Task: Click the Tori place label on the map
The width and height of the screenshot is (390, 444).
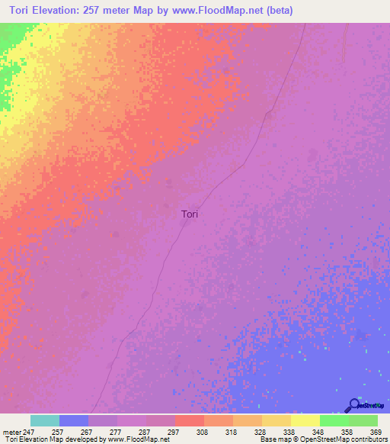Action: tap(190, 214)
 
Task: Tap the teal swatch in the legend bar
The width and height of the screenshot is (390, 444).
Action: tap(45, 420)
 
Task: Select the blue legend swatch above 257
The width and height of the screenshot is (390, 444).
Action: tap(74, 420)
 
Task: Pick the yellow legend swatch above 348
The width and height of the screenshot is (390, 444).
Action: tap(305, 420)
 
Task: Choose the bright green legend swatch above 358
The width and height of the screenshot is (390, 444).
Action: tap(334, 420)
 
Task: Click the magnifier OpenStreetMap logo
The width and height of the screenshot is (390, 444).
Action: tap(354, 404)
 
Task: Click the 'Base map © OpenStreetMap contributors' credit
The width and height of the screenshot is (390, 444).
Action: tap(323, 439)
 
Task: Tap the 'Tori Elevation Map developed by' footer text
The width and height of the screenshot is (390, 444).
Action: tap(54, 439)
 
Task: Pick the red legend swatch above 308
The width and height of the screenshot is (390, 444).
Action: tap(190, 420)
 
